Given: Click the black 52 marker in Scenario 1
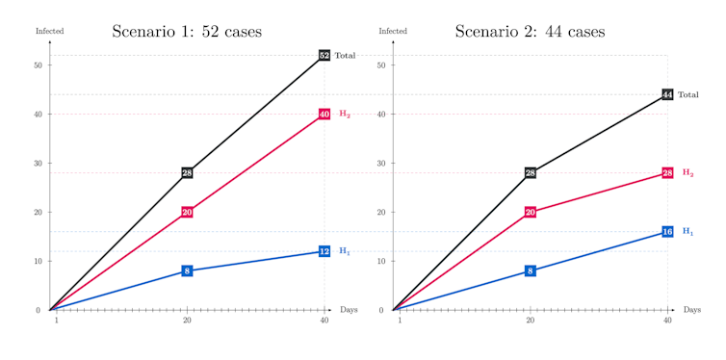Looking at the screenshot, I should point(324,56).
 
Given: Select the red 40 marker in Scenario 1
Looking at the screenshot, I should point(324,115).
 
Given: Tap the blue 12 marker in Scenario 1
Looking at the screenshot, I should point(324,251).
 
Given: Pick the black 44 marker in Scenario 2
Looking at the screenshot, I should point(667,95).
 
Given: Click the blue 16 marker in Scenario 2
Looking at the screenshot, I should point(667,232).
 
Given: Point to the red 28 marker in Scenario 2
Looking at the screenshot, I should point(667,173).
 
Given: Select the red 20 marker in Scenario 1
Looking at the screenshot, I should point(187,212).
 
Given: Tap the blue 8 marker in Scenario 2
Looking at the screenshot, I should point(531,271).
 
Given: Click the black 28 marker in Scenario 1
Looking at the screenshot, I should point(187,173).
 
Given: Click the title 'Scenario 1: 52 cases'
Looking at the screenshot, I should point(187,32).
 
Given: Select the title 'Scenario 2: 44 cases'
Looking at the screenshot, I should point(530,32).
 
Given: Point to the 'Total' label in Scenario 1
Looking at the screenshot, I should point(345,56).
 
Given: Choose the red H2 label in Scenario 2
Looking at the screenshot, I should point(687,173).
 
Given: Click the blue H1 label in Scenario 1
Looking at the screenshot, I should point(345,251).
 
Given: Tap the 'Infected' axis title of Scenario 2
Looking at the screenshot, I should point(393,32).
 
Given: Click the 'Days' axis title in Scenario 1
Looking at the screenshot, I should point(349,310).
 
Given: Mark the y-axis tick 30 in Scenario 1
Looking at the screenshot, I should point(38,164).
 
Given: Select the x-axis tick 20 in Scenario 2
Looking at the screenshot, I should point(531,320).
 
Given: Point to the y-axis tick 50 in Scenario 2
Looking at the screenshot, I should point(381,65).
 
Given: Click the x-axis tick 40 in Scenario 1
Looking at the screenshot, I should point(324,320).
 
